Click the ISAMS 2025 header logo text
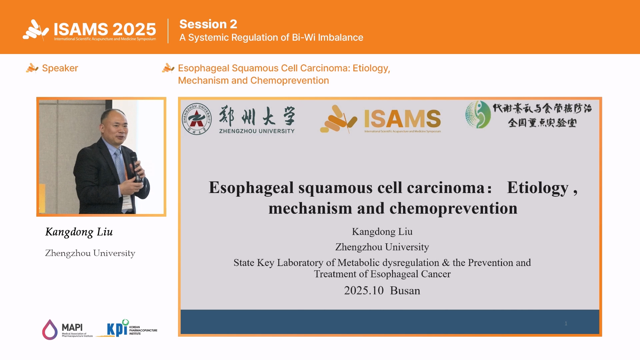[105, 29]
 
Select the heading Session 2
[208, 24]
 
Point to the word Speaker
[60, 68]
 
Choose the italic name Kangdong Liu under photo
[79, 232]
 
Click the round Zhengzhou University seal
[197, 119]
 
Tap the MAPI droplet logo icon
[50, 330]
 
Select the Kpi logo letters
[117, 329]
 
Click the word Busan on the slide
[405, 291]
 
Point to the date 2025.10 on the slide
[364, 291]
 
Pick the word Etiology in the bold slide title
[538, 188]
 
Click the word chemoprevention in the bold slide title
[453, 209]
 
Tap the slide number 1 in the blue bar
[566, 323]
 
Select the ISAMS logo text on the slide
[402, 119]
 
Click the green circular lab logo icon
[478, 115]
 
